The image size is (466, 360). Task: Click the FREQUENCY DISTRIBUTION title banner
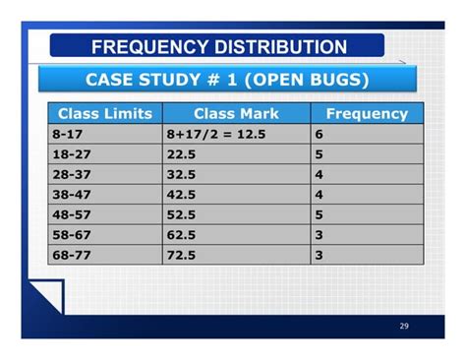click(218, 46)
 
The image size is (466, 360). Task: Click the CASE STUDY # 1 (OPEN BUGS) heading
click(227, 79)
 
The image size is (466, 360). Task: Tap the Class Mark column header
click(236, 113)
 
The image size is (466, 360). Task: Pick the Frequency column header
click(367, 113)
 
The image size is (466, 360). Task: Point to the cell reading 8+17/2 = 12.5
click(236, 133)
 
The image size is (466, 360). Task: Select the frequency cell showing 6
click(367, 133)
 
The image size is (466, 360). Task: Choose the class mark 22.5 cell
click(236, 153)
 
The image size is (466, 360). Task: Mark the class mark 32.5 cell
click(236, 174)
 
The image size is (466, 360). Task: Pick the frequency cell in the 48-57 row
click(367, 214)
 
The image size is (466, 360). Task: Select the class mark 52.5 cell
click(236, 214)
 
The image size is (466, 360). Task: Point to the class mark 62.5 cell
click(236, 234)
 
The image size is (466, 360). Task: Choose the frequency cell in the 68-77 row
click(367, 255)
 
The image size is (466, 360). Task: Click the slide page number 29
click(404, 326)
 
